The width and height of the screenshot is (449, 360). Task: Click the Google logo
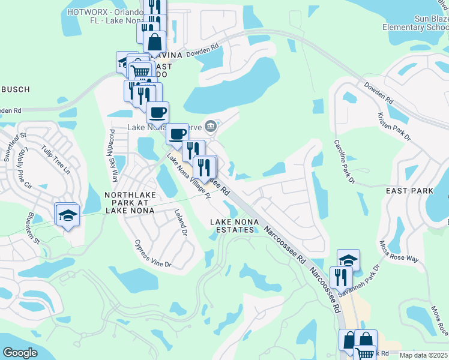pos(20,353)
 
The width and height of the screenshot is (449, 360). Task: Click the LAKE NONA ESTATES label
pos(234,226)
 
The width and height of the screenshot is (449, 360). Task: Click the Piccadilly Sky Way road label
pos(112,155)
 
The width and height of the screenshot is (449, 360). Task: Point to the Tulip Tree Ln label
pos(56,159)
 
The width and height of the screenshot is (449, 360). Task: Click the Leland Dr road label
pos(181,223)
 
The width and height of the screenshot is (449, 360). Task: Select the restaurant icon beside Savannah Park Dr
pos(338,277)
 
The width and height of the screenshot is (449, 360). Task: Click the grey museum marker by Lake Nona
pos(211,126)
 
